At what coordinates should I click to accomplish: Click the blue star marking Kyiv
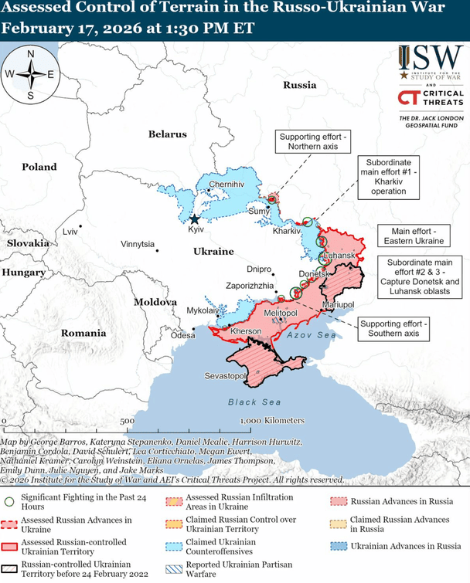(x=194, y=219)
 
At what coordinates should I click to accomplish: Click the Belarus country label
(x=168, y=134)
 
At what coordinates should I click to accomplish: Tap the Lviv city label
(x=70, y=232)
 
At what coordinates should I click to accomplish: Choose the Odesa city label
(x=183, y=335)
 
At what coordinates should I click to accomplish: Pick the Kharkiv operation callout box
(x=389, y=178)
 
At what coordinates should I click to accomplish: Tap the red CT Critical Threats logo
(x=409, y=97)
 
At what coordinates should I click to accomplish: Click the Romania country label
(x=83, y=333)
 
